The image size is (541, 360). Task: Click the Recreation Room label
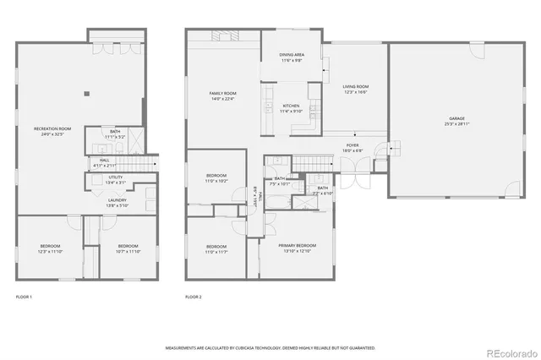point(52,130)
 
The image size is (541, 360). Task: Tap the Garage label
point(456,121)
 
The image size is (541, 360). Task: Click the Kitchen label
point(291,108)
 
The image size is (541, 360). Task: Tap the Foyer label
point(352,147)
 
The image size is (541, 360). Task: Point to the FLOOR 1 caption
point(24,297)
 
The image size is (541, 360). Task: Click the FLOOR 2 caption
point(194,297)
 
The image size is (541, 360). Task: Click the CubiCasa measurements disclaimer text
point(270,347)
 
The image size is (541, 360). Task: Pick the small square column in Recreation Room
point(86,94)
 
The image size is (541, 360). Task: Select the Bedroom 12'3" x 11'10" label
point(50,249)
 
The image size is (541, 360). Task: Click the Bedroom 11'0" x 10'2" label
point(216,177)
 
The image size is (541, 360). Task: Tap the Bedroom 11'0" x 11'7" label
point(216,249)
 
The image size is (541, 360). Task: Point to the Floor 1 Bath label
point(114,133)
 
